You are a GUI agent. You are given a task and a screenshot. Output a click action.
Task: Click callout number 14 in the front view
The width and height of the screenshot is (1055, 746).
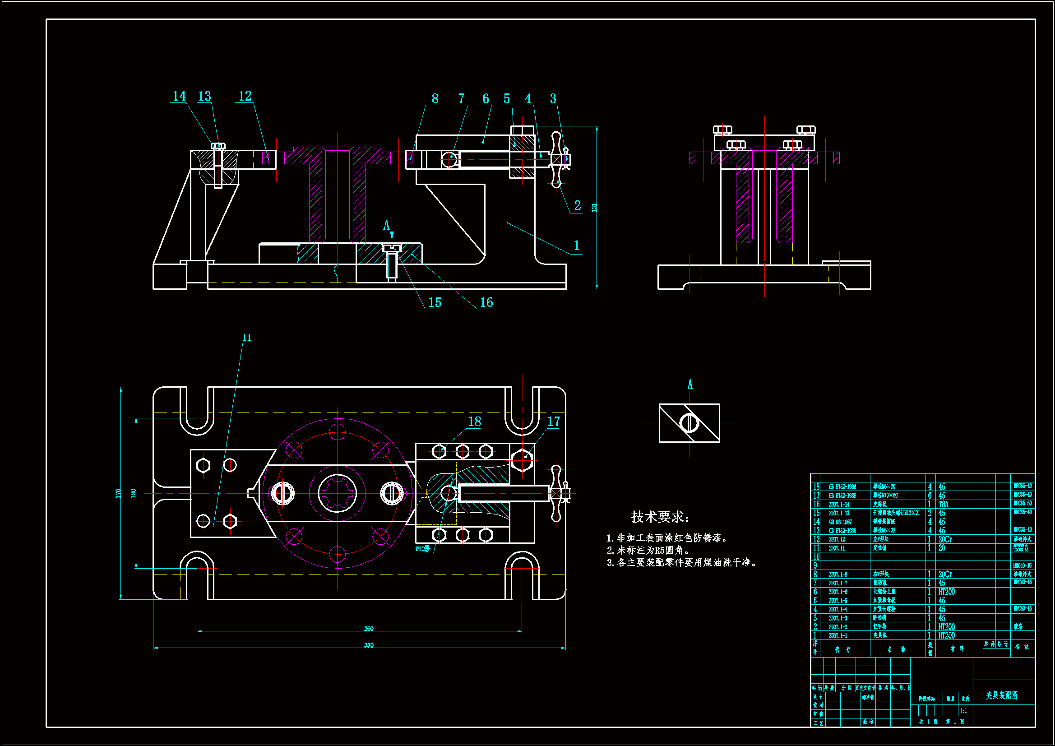[x=179, y=96]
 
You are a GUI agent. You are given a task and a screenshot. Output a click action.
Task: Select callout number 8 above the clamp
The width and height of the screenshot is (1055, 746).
[x=435, y=99]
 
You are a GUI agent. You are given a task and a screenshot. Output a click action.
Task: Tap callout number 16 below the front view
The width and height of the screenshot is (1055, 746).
[x=486, y=302]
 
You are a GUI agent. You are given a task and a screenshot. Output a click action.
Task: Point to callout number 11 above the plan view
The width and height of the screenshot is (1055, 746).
[x=247, y=338]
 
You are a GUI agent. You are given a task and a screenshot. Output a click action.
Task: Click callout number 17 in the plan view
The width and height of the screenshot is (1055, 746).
[x=553, y=422]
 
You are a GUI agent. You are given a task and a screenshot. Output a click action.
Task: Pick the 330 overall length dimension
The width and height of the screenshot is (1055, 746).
[x=369, y=645]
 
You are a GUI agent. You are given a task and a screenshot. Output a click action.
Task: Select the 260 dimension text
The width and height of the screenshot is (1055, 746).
[x=369, y=629]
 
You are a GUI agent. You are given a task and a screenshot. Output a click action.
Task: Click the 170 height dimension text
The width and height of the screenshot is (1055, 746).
[x=118, y=493]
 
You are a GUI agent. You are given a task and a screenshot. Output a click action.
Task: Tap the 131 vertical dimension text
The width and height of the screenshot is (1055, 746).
[x=594, y=207]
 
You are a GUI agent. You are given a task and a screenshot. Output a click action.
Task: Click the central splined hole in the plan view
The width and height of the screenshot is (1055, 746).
[x=337, y=493]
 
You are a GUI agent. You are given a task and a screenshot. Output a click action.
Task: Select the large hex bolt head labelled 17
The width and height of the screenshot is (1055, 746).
[x=522, y=458]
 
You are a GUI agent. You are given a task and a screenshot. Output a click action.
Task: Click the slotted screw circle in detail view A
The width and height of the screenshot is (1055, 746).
[x=689, y=423]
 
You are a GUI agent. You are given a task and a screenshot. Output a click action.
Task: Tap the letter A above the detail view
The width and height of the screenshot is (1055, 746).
[x=689, y=385]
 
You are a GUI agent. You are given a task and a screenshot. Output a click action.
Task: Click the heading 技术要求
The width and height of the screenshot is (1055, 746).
[x=660, y=517]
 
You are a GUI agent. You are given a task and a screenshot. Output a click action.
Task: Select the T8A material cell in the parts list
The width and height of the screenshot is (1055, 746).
[x=943, y=504]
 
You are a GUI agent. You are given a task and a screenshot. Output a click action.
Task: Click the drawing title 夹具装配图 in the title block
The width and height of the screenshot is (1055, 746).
[x=1002, y=695]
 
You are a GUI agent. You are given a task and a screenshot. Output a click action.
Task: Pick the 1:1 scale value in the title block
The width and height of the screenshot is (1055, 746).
[x=963, y=711]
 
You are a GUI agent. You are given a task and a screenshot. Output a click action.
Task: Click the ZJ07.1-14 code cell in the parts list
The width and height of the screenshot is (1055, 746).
[x=839, y=504]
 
